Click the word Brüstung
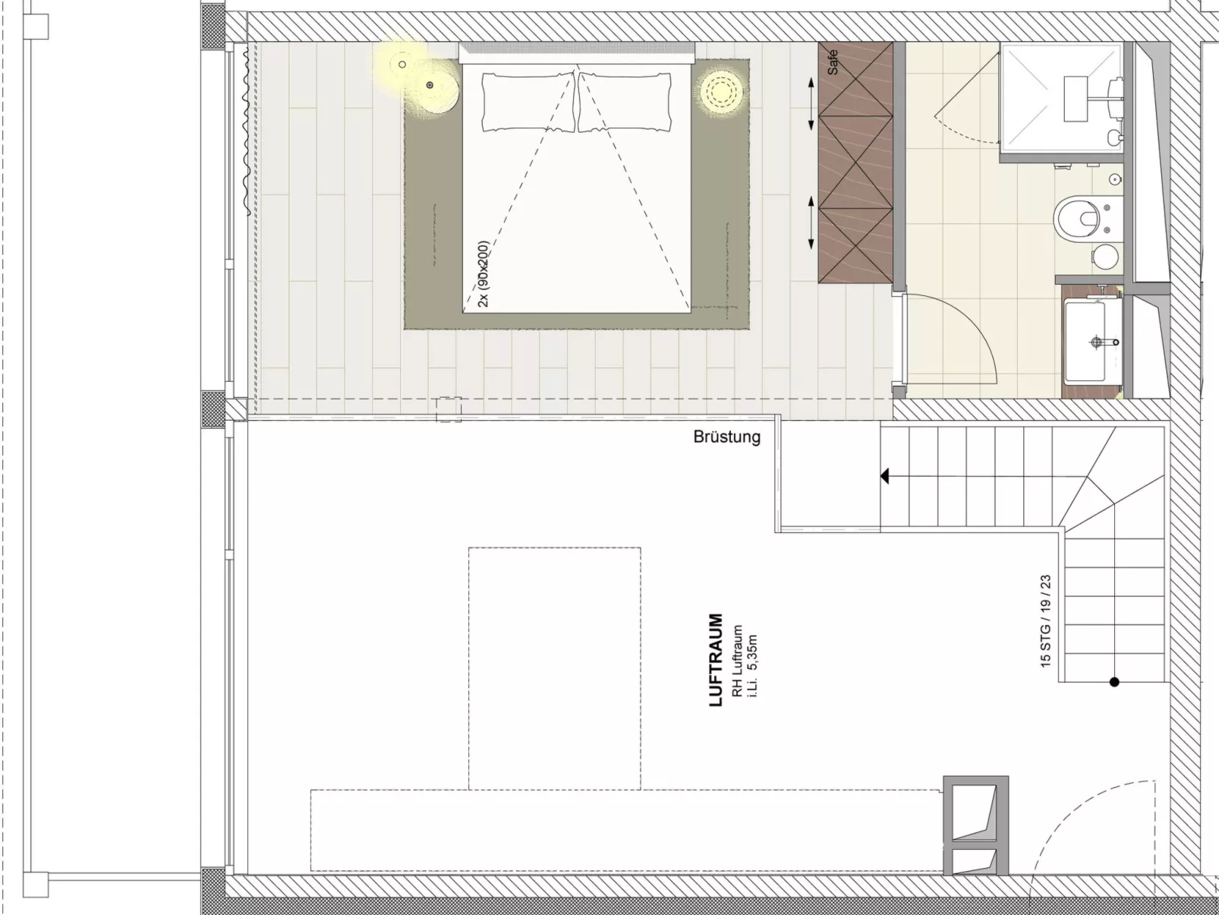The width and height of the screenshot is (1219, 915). click(726, 437)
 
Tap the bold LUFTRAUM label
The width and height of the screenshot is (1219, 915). click(717, 659)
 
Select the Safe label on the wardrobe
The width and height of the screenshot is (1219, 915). click(832, 62)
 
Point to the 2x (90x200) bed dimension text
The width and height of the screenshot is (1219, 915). click(484, 273)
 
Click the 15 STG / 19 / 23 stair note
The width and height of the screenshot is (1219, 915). click(1046, 620)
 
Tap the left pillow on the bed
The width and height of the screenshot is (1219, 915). click(528, 103)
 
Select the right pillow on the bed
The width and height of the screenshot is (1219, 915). click(625, 103)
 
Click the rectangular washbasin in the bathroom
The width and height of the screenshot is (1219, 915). click(1085, 340)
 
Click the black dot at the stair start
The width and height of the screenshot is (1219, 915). click(1114, 682)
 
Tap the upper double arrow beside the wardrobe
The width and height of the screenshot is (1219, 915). click(811, 104)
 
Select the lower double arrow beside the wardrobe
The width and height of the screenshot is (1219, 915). click(811, 222)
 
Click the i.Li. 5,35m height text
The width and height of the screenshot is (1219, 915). click(752, 665)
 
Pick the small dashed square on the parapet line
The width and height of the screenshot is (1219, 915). click(449, 409)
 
